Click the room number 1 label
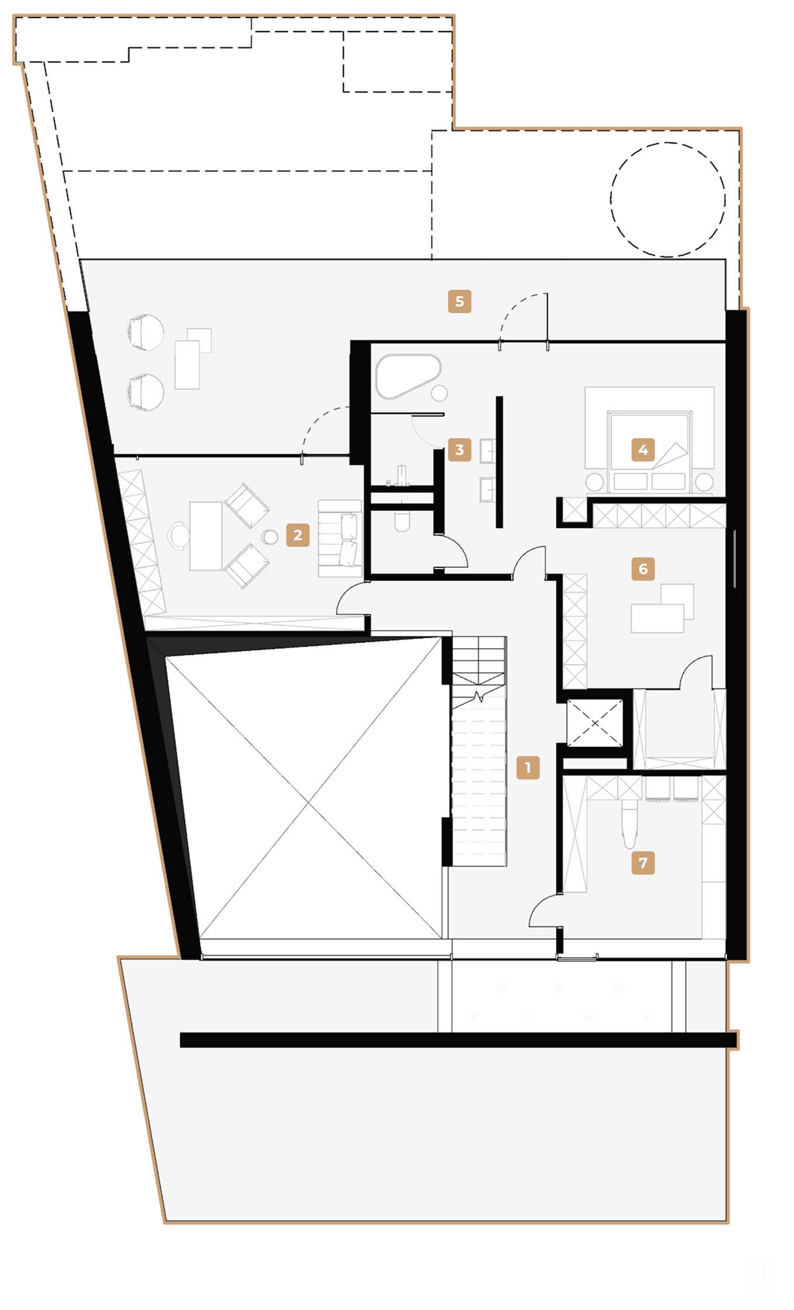528,767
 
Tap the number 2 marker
297,535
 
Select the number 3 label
459,450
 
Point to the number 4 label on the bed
643,450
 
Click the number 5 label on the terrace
459,301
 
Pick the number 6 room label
643,569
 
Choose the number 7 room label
643,862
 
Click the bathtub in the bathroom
407,376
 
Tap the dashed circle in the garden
668,199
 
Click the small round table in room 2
269,537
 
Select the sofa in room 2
339,538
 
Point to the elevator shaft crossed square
595,723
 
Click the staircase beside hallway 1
479,760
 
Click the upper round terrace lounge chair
145,332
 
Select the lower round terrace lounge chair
145,391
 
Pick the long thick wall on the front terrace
457,1039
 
